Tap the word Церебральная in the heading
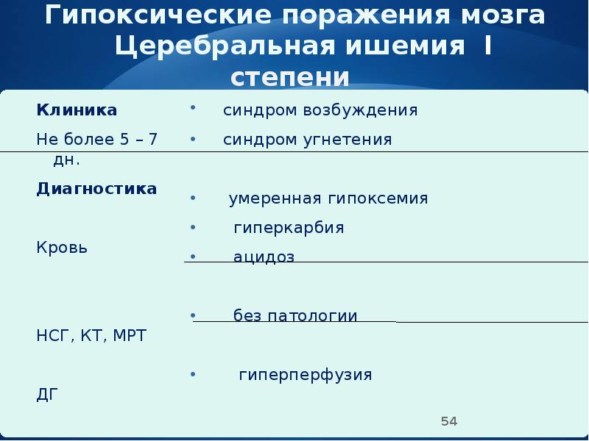(215, 47)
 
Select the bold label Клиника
(77, 110)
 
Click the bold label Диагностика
(96, 189)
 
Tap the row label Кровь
(62, 248)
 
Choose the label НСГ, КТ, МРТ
(91, 337)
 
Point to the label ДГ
(46, 395)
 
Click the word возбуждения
(360, 111)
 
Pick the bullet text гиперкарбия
(289, 228)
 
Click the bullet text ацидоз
(264, 257)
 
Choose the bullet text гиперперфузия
(305, 376)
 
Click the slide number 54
(449, 421)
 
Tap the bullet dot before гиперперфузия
(192, 374)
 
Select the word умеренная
(274, 199)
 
